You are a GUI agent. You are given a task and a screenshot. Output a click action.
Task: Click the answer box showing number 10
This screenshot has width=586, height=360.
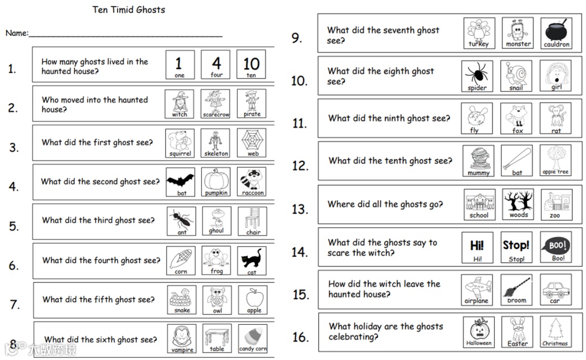[251, 64]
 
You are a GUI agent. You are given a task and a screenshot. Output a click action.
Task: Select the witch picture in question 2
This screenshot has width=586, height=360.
[180, 104]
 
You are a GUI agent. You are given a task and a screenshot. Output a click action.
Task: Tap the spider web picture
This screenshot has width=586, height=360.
[252, 143]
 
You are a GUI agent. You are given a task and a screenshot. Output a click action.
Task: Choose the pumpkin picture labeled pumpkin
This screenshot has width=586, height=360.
[216, 182]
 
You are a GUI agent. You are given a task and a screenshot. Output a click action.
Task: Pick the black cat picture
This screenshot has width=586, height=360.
[252, 260]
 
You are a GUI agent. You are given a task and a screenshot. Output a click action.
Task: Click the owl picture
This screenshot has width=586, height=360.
[217, 300]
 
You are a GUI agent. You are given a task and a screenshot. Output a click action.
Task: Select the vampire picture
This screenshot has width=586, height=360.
[182, 339]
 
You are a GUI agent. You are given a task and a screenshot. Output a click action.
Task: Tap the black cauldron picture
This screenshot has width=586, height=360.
[556, 33]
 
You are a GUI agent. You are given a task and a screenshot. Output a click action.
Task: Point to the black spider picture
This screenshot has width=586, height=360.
[477, 76]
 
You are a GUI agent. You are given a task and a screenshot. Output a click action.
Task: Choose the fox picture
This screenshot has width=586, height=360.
[517, 118]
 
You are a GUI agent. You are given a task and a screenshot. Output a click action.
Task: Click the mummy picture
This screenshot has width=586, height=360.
[479, 161]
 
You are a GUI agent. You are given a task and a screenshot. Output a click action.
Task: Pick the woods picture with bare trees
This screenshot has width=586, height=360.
[518, 204]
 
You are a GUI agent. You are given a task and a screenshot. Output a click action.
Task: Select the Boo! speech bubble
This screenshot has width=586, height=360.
[556, 247]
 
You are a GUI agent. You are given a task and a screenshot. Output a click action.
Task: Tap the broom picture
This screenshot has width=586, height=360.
[517, 290]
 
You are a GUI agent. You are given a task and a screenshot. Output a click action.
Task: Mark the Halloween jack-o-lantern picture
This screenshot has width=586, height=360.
[479, 332]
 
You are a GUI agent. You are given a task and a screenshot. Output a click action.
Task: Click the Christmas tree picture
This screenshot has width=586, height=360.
[556, 332]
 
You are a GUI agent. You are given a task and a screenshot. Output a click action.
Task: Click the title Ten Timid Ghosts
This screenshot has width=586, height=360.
[129, 10]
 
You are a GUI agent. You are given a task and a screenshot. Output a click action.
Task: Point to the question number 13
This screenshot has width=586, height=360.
[300, 209]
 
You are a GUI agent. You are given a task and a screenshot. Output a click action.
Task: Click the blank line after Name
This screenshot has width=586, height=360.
[125, 37]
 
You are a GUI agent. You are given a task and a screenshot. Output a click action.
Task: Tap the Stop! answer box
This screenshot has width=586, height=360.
[516, 247]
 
